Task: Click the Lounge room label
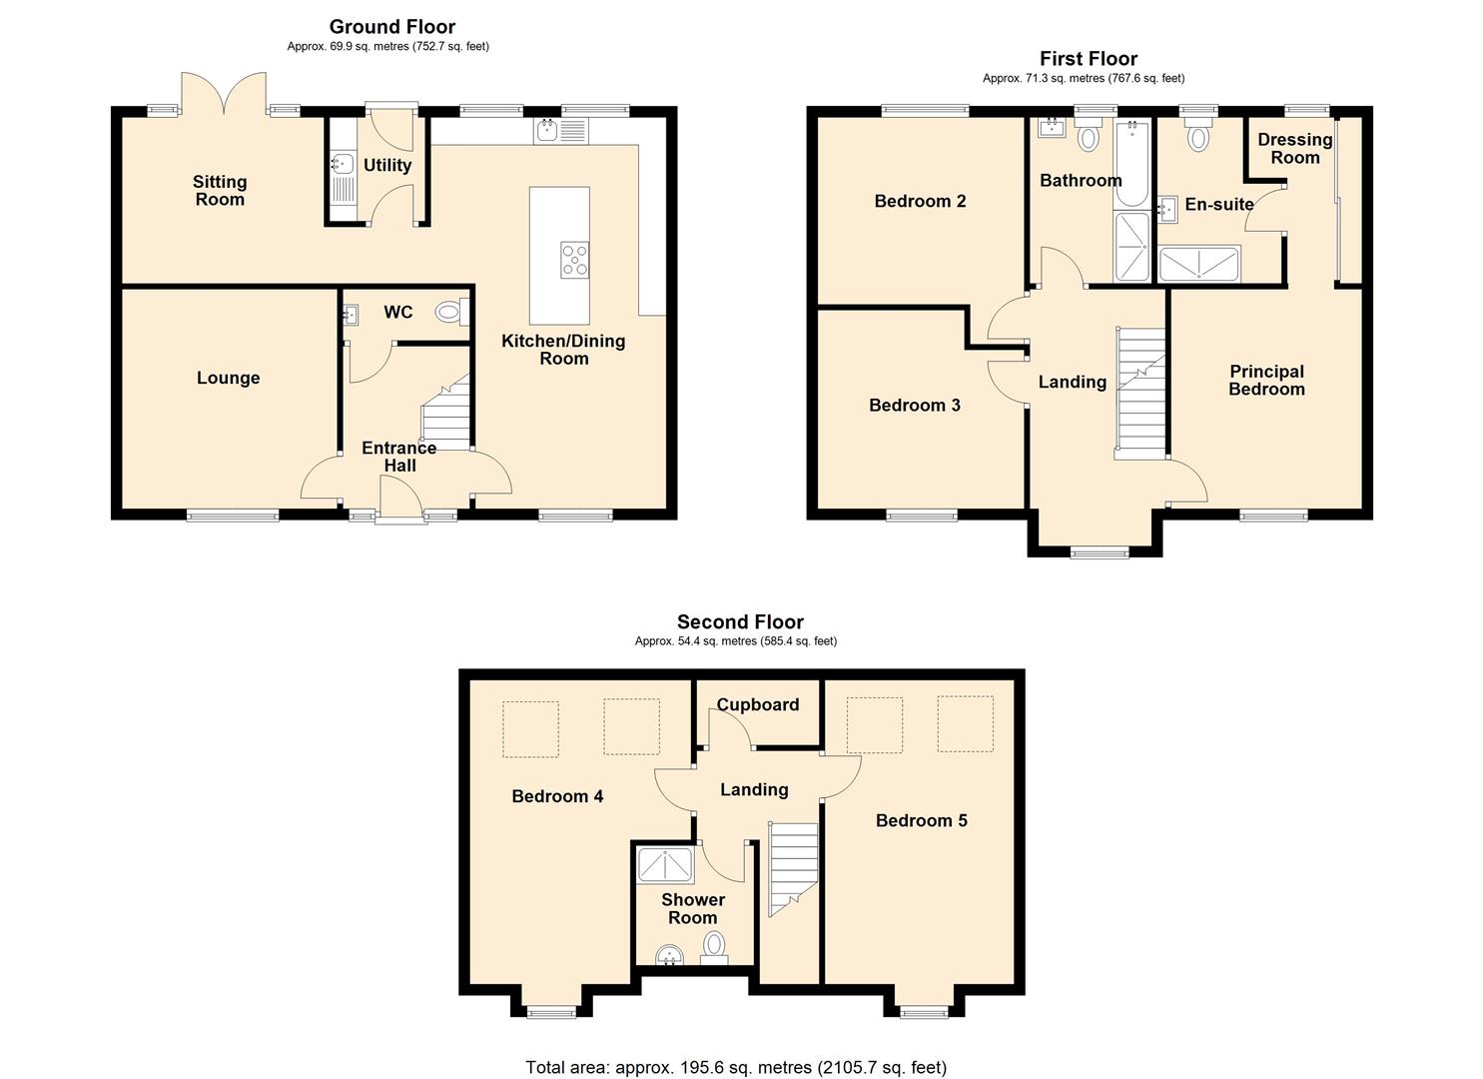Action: [228, 378]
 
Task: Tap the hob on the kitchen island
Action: [574, 260]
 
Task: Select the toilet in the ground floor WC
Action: [450, 313]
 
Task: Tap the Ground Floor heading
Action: [391, 27]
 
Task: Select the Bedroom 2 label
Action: [920, 201]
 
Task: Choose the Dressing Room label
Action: [1294, 149]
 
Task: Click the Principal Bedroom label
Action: [1265, 381]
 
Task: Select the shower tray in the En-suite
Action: [1199, 264]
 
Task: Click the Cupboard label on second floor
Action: [758, 704]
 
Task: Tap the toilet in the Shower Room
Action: [714, 945]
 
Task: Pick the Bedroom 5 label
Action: [921, 820]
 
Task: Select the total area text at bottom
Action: [736, 1067]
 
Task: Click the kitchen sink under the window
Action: [547, 130]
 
